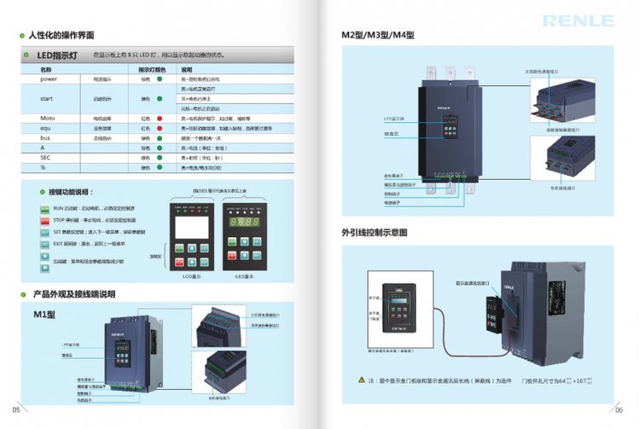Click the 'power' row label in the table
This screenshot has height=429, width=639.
pyautogui.click(x=48, y=78)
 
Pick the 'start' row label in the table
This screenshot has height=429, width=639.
pyautogui.click(x=47, y=98)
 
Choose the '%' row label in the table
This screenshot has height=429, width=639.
pyautogui.click(x=43, y=168)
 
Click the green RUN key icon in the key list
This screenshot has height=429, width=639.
pyautogui.click(x=45, y=207)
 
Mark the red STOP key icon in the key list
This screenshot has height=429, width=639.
pyautogui.click(x=45, y=220)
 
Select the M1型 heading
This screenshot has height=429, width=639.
pyautogui.click(x=44, y=314)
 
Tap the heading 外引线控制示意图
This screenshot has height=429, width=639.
pyautogui.click(x=375, y=231)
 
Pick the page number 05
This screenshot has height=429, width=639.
pyautogui.click(x=15, y=409)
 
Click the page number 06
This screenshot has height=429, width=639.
pyautogui.click(x=620, y=409)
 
